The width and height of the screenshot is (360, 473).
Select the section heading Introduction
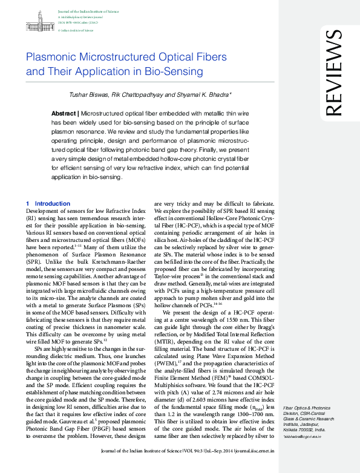(53, 203)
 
